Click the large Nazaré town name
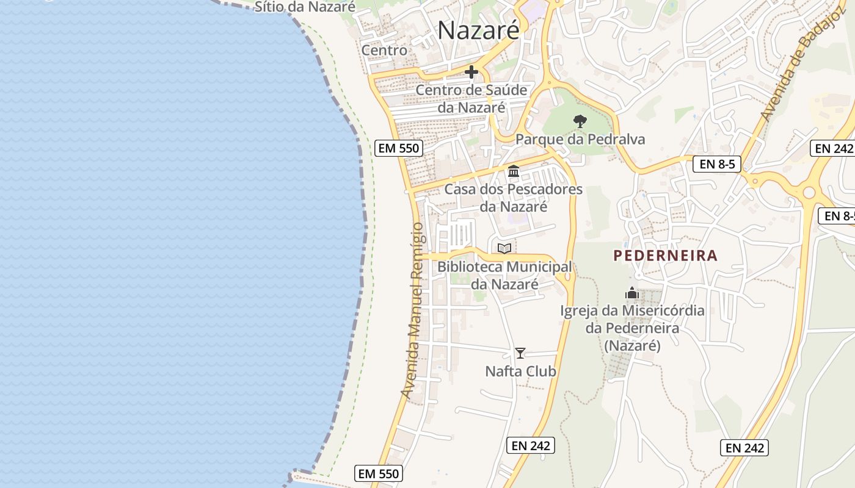coord(478,30)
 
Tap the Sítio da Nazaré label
coord(305,7)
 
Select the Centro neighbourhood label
coord(384,50)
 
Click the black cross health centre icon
coord(471,72)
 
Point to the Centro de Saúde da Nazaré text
coord(471,99)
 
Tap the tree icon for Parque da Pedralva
coord(580,121)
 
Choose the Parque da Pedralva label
coord(580,139)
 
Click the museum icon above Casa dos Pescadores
coord(514,171)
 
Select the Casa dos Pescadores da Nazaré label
coord(513,198)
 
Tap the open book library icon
coord(504,248)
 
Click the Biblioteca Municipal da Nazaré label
coord(504,275)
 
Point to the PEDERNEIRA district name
coord(666,256)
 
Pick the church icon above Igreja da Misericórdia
coord(632,293)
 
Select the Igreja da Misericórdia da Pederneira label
coord(632,328)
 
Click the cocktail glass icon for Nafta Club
coord(520,353)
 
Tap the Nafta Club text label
coord(520,371)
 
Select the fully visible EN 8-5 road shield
coord(716,163)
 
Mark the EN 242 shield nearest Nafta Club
coord(531,445)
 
